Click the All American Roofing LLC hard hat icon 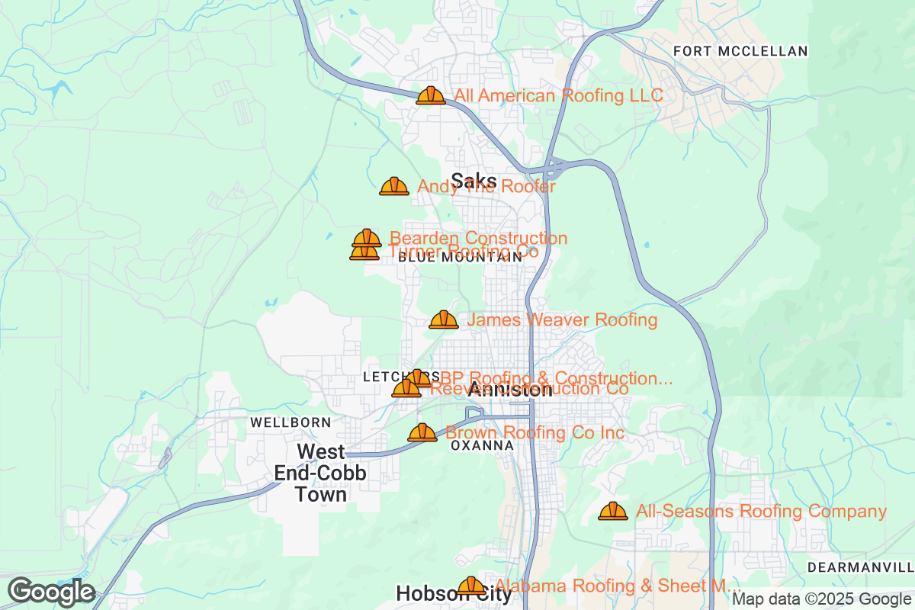coord(431,95)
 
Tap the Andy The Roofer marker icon coord(394,186)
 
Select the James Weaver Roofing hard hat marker coord(444,319)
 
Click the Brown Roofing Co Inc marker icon coord(422,433)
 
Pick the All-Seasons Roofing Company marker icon coord(613,512)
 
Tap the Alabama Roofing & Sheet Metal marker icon coord(470,586)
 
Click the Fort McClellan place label coord(740,51)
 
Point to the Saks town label coord(474,181)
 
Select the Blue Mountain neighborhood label coord(461,258)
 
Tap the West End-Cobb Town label coord(320,473)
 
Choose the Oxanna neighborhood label coord(482,445)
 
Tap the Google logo coord(52,592)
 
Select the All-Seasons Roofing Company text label coord(761,512)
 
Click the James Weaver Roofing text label coord(562,319)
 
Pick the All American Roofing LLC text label coord(559,95)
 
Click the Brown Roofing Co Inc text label coord(535,433)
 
